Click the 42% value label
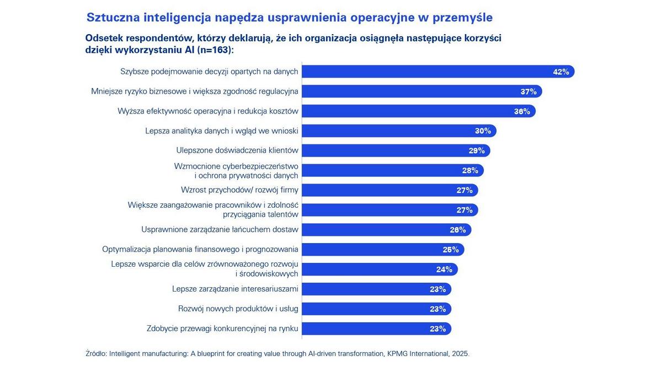click(560, 72)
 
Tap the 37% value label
click(528, 91)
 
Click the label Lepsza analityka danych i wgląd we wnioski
click(222, 131)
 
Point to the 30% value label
click(483, 131)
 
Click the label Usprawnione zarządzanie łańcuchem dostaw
click(220, 229)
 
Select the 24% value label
click(444, 269)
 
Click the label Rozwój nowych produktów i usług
click(238, 309)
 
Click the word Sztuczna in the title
click(113, 18)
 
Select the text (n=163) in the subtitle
click(215, 50)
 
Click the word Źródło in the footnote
click(96, 353)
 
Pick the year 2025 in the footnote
click(460, 353)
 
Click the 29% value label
click(477, 150)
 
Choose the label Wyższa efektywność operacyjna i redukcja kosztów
click(208, 111)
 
